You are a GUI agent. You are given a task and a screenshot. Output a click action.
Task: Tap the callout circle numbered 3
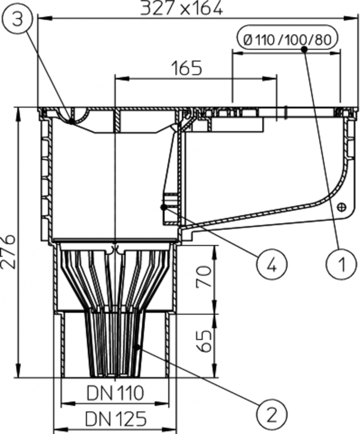click(x=17, y=19)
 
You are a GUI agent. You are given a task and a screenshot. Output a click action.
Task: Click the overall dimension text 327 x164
click(x=182, y=8)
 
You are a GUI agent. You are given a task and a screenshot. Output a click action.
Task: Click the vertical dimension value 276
click(x=9, y=251)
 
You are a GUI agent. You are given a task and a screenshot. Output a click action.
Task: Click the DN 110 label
click(x=115, y=393)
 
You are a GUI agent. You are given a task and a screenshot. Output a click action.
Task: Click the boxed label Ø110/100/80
click(x=287, y=40)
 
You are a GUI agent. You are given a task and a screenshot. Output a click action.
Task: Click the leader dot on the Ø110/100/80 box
click(x=304, y=49)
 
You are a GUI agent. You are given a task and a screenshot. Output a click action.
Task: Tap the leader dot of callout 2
click(x=137, y=346)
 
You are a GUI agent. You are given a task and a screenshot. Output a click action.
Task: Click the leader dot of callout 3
click(x=71, y=122)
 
